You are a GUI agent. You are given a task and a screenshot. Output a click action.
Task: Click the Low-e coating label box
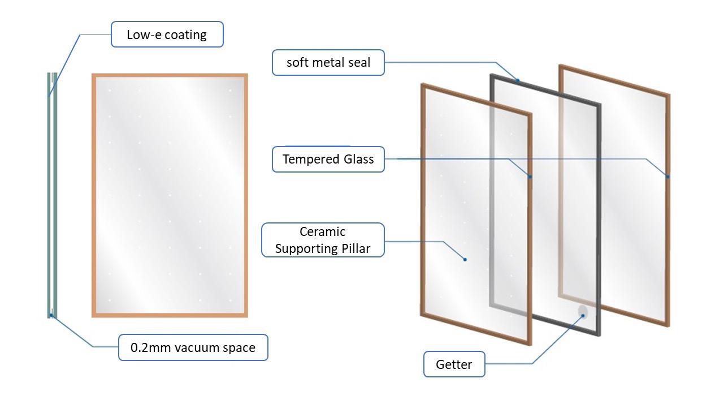(x=167, y=35)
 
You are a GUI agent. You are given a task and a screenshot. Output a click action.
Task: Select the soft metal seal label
(x=328, y=62)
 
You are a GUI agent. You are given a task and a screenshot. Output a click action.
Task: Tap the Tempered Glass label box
(x=328, y=159)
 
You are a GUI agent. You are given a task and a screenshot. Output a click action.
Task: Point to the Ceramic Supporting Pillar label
(x=323, y=240)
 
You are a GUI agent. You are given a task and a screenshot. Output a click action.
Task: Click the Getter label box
(x=454, y=364)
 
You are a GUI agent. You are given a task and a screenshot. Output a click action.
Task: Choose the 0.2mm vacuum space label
(x=193, y=347)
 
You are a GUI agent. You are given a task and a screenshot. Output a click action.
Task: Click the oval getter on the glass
(x=583, y=311)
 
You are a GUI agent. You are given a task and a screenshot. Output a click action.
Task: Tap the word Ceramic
(x=323, y=232)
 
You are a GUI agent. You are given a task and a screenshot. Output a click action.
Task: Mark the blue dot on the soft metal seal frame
(x=517, y=80)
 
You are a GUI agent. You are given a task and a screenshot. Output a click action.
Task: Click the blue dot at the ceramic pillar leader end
(x=465, y=260)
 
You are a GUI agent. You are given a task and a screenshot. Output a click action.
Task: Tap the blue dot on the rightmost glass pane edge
(x=667, y=177)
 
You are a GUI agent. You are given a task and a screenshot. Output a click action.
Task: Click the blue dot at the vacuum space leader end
(x=51, y=315)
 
